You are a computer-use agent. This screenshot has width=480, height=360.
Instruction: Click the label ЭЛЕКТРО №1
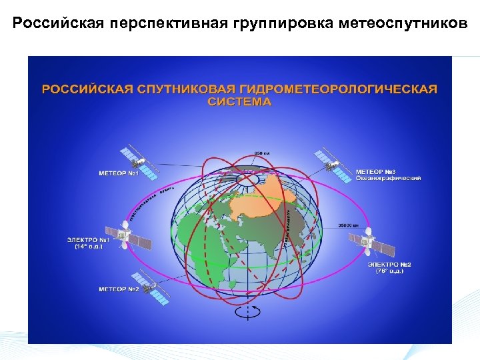[x=88, y=239]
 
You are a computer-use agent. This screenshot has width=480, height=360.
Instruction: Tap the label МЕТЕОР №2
[x=118, y=289]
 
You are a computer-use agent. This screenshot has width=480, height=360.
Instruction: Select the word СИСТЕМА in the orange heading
[x=239, y=102]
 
